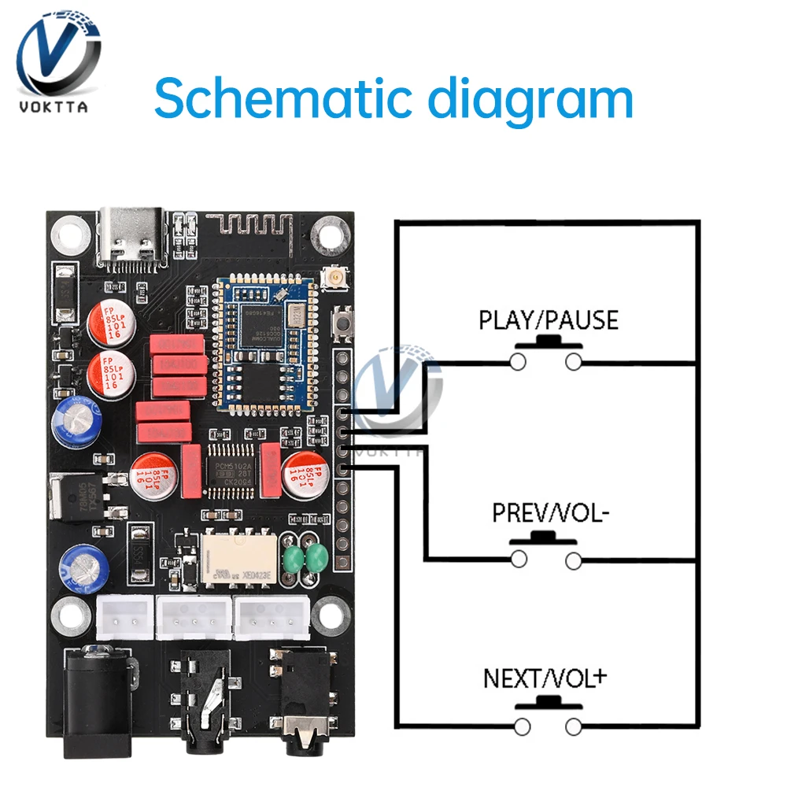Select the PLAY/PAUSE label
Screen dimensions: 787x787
549,320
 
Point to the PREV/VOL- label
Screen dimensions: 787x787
551,513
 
